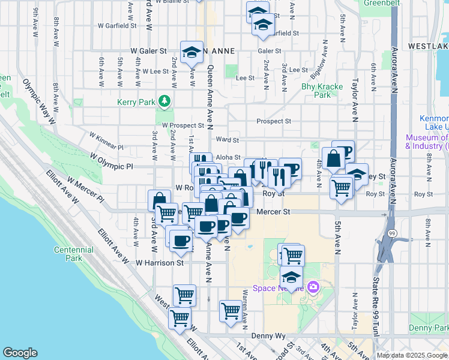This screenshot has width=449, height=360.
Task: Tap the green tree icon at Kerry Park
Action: click(163, 102)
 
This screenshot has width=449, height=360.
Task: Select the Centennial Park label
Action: click(68, 254)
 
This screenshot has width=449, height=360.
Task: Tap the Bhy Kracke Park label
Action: click(322, 91)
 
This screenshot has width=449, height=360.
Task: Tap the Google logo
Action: click(20, 353)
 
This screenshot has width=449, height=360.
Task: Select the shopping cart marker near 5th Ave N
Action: click(342, 188)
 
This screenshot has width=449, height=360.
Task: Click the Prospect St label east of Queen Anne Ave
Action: click(274, 121)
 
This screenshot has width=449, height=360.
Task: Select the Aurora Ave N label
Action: click(394, 69)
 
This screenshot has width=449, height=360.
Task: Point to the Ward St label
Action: click(228, 140)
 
